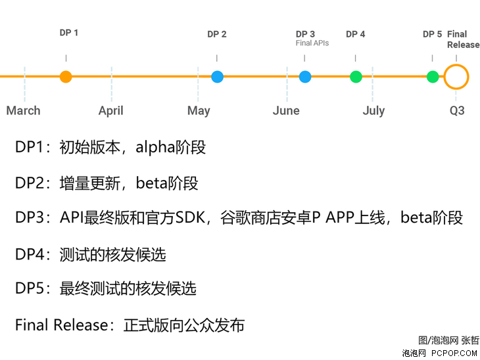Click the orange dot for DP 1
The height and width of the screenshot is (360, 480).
point(66,77)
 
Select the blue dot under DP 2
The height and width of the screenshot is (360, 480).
point(218,77)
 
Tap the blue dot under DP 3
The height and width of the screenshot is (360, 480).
point(305,77)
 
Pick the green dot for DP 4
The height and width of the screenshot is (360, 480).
point(356,77)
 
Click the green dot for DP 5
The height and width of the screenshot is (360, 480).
point(433,77)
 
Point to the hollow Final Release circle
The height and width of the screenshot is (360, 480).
point(444,77)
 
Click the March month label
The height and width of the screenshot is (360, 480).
point(23,110)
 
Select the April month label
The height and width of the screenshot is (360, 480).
point(111,111)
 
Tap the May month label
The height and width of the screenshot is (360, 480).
point(199,111)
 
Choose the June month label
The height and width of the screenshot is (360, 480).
point(286,110)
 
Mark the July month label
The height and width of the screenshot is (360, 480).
point(373,111)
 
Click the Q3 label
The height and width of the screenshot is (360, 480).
point(457,110)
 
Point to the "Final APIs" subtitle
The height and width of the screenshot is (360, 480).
point(312,43)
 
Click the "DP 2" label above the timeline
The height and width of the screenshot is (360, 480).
point(217,34)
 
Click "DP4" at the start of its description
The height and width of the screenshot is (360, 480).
point(30,254)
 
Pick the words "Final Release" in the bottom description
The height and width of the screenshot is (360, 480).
point(62,325)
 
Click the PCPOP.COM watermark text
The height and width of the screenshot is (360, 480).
point(454,353)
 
